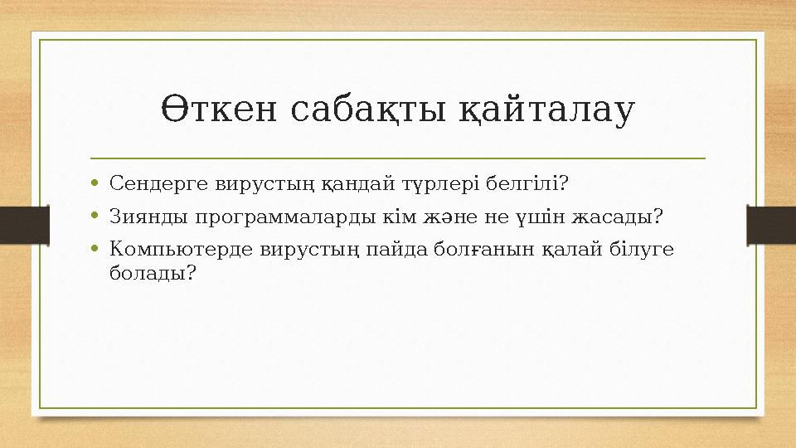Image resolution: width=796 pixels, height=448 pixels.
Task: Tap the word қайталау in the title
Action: (x=548, y=110)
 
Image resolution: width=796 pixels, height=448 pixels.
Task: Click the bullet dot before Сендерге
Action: (x=97, y=182)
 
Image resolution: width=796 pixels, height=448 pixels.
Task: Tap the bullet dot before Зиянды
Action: (x=97, y=217)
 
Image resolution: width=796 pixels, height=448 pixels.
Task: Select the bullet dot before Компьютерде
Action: (x=97, y=248)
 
